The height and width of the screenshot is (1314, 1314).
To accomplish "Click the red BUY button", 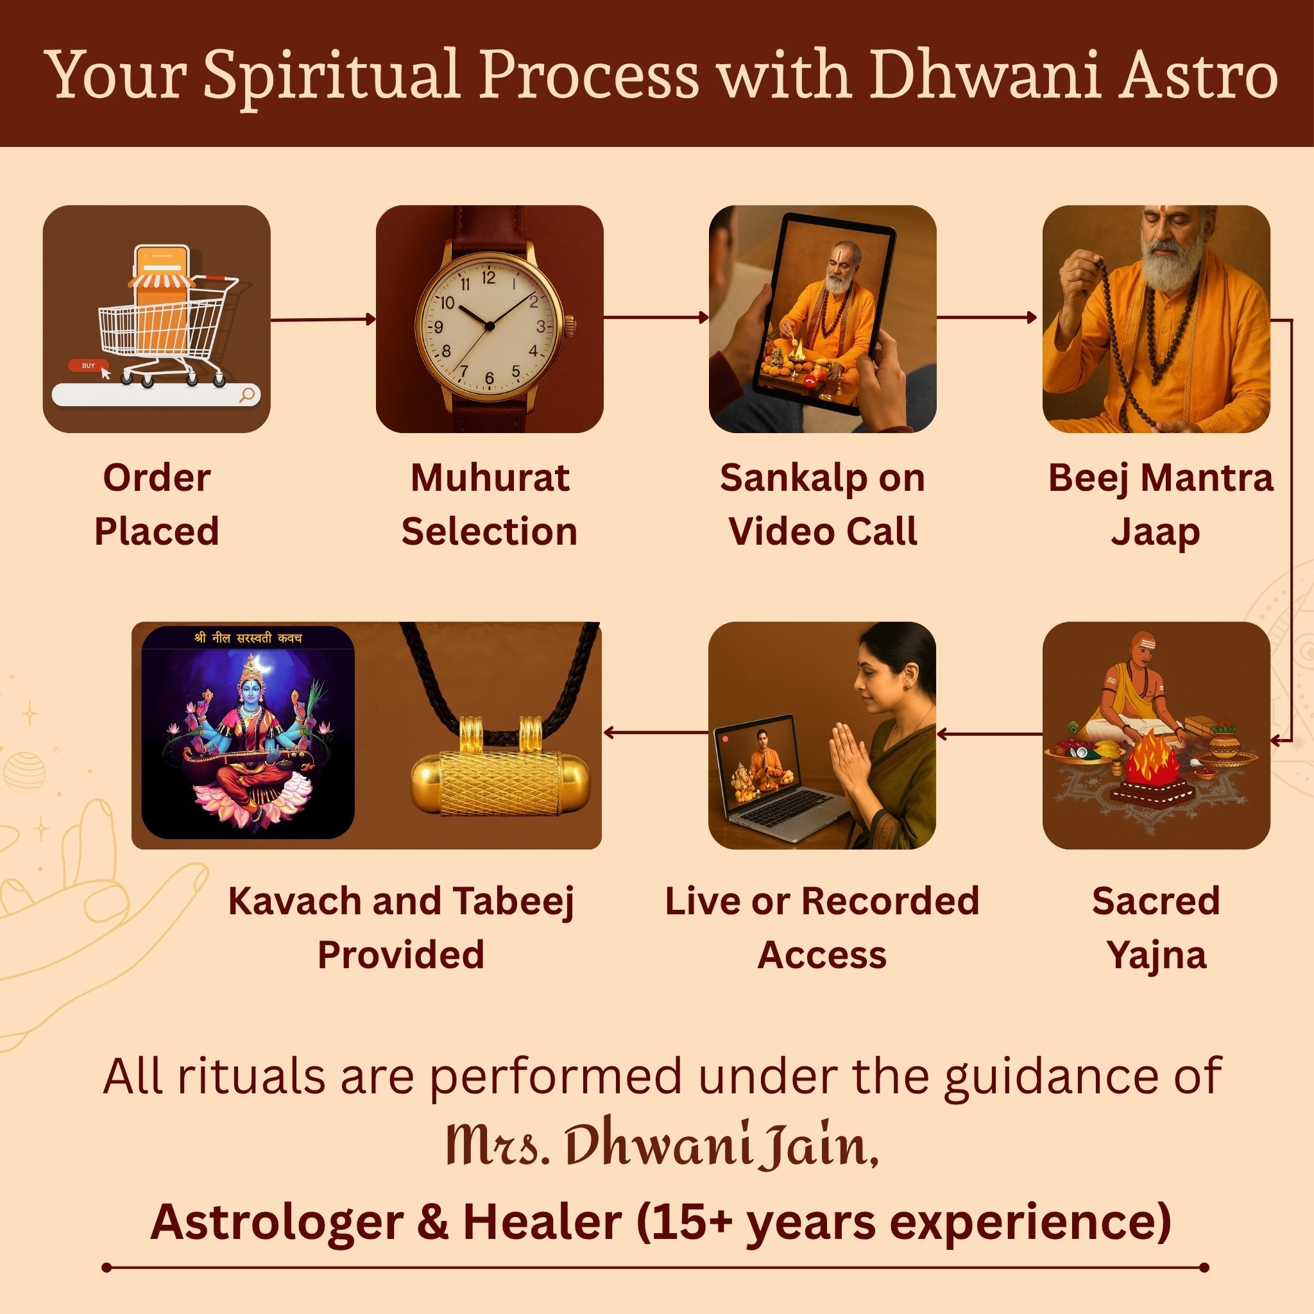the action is [88, 366].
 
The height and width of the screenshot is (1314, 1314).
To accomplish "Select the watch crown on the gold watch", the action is [569, 326].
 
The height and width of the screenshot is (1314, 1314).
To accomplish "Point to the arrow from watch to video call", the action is [656, 317].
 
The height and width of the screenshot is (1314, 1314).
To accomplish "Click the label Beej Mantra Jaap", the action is [1159, 505].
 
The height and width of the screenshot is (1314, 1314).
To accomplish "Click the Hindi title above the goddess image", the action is [248, 638].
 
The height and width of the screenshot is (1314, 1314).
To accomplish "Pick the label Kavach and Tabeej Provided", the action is [401, 927].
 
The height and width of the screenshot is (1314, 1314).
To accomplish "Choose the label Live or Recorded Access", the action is [822, 927].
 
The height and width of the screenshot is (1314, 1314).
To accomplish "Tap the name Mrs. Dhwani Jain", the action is [661, 1144].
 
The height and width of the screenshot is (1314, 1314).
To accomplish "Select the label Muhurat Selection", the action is [489, 505].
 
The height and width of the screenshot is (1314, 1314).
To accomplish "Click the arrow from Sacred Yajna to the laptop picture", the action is [989, 733].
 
